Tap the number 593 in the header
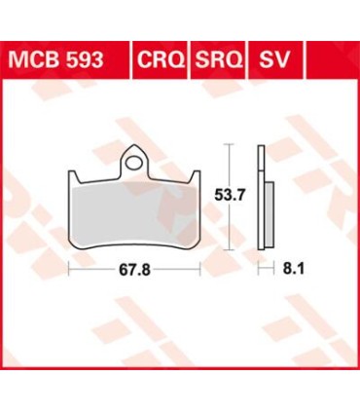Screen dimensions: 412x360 pos(101,60)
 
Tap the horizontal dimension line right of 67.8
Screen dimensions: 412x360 pos(177,266)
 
